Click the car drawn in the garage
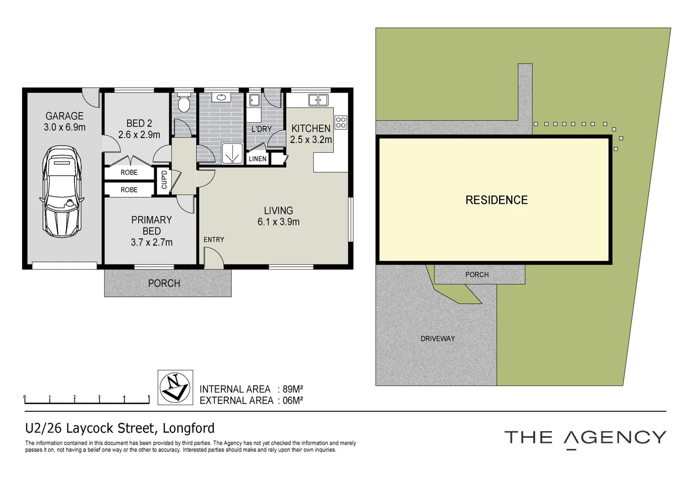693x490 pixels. point(62,192)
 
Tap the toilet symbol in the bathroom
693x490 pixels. point(184,103)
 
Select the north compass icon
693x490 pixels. point(175,387)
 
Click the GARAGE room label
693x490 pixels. point(64,116)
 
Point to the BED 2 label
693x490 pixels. point(139,123)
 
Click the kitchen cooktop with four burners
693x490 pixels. point(341,122)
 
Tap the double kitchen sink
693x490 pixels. point(318,100)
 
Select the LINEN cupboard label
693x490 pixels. point(258,159)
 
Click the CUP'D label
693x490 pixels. point(164,180)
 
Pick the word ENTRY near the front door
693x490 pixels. point(214,240)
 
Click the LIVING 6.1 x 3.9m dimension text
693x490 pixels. point(278,222)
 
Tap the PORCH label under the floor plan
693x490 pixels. point(164,283)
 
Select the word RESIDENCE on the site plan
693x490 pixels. point(497,200)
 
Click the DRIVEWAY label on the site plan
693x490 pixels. point(438,338)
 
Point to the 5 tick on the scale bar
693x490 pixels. point(149,397)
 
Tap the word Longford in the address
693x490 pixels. point(188,428)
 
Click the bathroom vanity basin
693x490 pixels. point(221,98)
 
